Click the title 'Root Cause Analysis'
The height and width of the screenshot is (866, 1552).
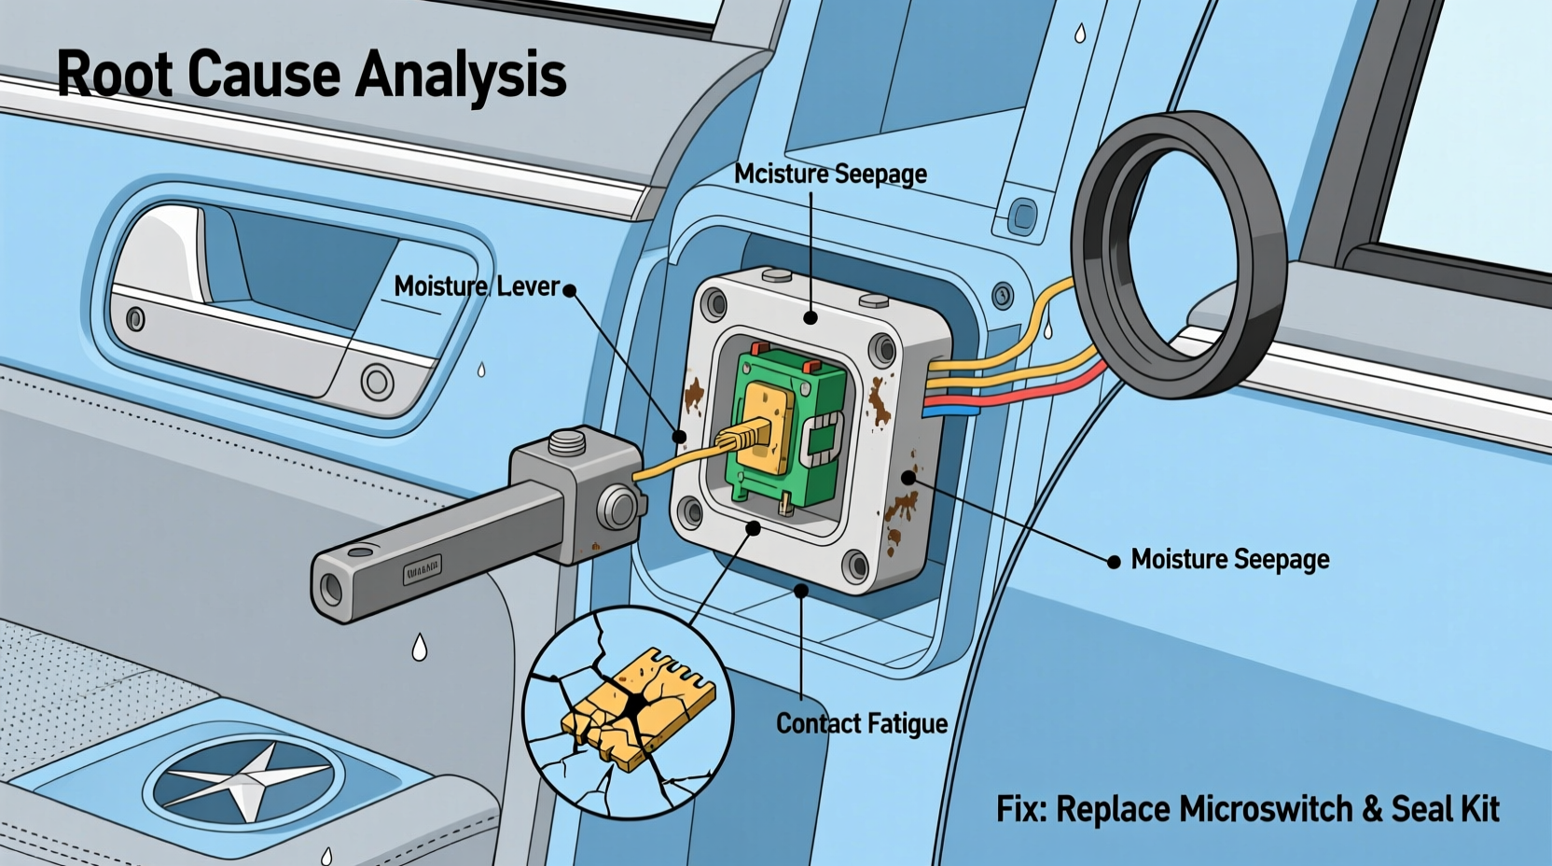click(311, 75)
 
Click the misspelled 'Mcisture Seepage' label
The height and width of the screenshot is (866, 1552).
click(829, 175)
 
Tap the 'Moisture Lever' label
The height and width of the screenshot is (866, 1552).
click(476, 286)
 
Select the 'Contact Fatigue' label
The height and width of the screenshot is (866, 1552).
click(861, 724)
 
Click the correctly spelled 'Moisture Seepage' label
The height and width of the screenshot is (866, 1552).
click(1229, 560)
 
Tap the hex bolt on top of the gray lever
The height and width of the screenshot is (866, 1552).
click(567, 441)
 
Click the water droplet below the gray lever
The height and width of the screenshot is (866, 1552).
click(420, 647)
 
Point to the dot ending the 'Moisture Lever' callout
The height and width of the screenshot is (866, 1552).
click(570, 291)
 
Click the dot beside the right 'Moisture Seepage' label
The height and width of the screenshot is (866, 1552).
click(1114, 562)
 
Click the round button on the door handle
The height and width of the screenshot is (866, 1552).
click(377, 382)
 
